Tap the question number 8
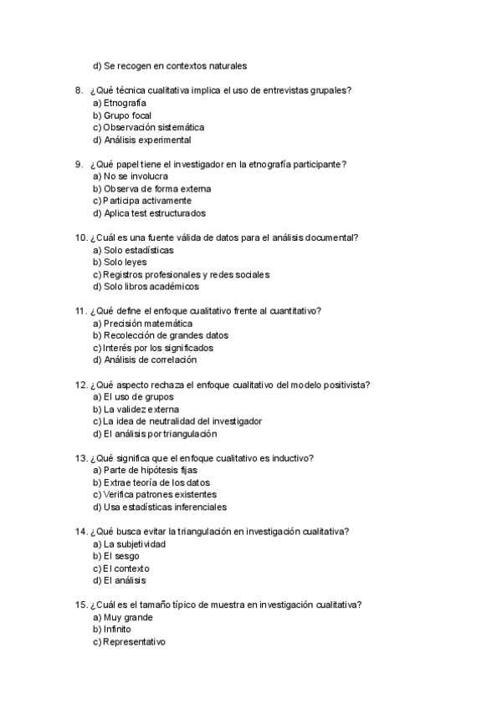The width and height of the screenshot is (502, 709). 79,90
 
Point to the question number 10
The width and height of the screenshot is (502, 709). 80,237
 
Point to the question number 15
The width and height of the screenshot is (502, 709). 80,605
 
